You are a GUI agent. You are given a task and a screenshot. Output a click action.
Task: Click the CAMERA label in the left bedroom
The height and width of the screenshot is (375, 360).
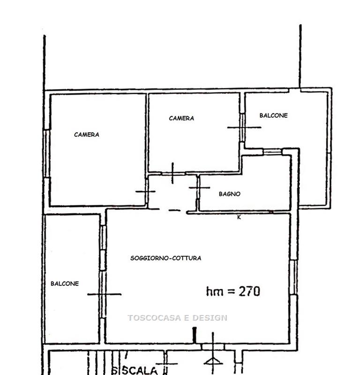click(87, 135)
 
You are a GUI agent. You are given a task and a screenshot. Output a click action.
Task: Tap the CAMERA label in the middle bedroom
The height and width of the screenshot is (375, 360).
click(181, 118)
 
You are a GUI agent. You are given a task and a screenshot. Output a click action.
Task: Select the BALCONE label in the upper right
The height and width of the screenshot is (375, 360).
click(274, 115)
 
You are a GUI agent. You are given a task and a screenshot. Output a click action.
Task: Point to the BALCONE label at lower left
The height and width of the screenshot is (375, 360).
click(65, 284)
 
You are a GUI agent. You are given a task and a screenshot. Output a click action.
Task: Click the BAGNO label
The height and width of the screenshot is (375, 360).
click(230, 194)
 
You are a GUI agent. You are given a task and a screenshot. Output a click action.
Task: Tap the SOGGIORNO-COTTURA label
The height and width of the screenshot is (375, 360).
click(166, 258)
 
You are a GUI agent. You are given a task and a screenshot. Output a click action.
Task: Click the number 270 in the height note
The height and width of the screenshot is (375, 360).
click(249, 291)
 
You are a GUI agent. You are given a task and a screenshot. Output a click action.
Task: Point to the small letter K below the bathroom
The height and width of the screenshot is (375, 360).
click(239, 217)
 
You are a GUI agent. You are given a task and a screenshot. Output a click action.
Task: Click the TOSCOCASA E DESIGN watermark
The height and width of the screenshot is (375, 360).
click(178, 318)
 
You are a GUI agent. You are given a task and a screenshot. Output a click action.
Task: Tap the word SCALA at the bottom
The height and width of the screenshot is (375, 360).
click(140, 370)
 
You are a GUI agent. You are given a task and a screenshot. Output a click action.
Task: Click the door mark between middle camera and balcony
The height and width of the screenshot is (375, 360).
click(244, 127)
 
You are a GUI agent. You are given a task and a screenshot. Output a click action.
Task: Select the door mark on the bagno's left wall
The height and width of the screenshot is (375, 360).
click(199, 188)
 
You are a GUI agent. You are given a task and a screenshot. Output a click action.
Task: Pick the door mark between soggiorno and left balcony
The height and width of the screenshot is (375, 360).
click(104, 294)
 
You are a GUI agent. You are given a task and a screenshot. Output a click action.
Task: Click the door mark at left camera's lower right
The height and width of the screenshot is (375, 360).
click(145, 191)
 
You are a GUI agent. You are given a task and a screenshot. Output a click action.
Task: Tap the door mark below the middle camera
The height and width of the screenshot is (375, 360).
click(172, 173)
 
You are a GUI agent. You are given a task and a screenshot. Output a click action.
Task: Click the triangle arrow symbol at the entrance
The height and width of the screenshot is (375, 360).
click(213, 361)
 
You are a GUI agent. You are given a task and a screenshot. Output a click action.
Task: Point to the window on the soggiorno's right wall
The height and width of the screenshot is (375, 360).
click(293, 277)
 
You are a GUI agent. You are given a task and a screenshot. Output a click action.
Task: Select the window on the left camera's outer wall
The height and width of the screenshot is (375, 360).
click(47, 154)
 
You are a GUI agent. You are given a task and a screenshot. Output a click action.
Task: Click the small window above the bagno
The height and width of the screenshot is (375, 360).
click(272, 152)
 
